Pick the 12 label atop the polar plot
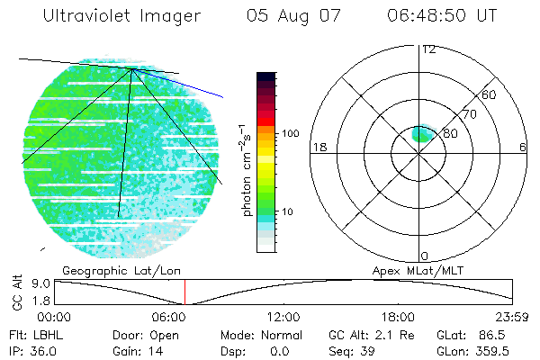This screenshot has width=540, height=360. [428, 49]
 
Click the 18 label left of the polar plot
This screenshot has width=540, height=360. [318, 147]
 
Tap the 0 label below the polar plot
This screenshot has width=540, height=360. [424, 256]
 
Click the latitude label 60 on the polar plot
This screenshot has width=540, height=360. [490, 94]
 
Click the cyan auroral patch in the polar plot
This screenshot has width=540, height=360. [423, 134]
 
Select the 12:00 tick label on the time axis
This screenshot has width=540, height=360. [284, 316]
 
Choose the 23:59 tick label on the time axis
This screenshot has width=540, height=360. [512, 316]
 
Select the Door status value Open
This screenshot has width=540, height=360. [165, 335]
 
